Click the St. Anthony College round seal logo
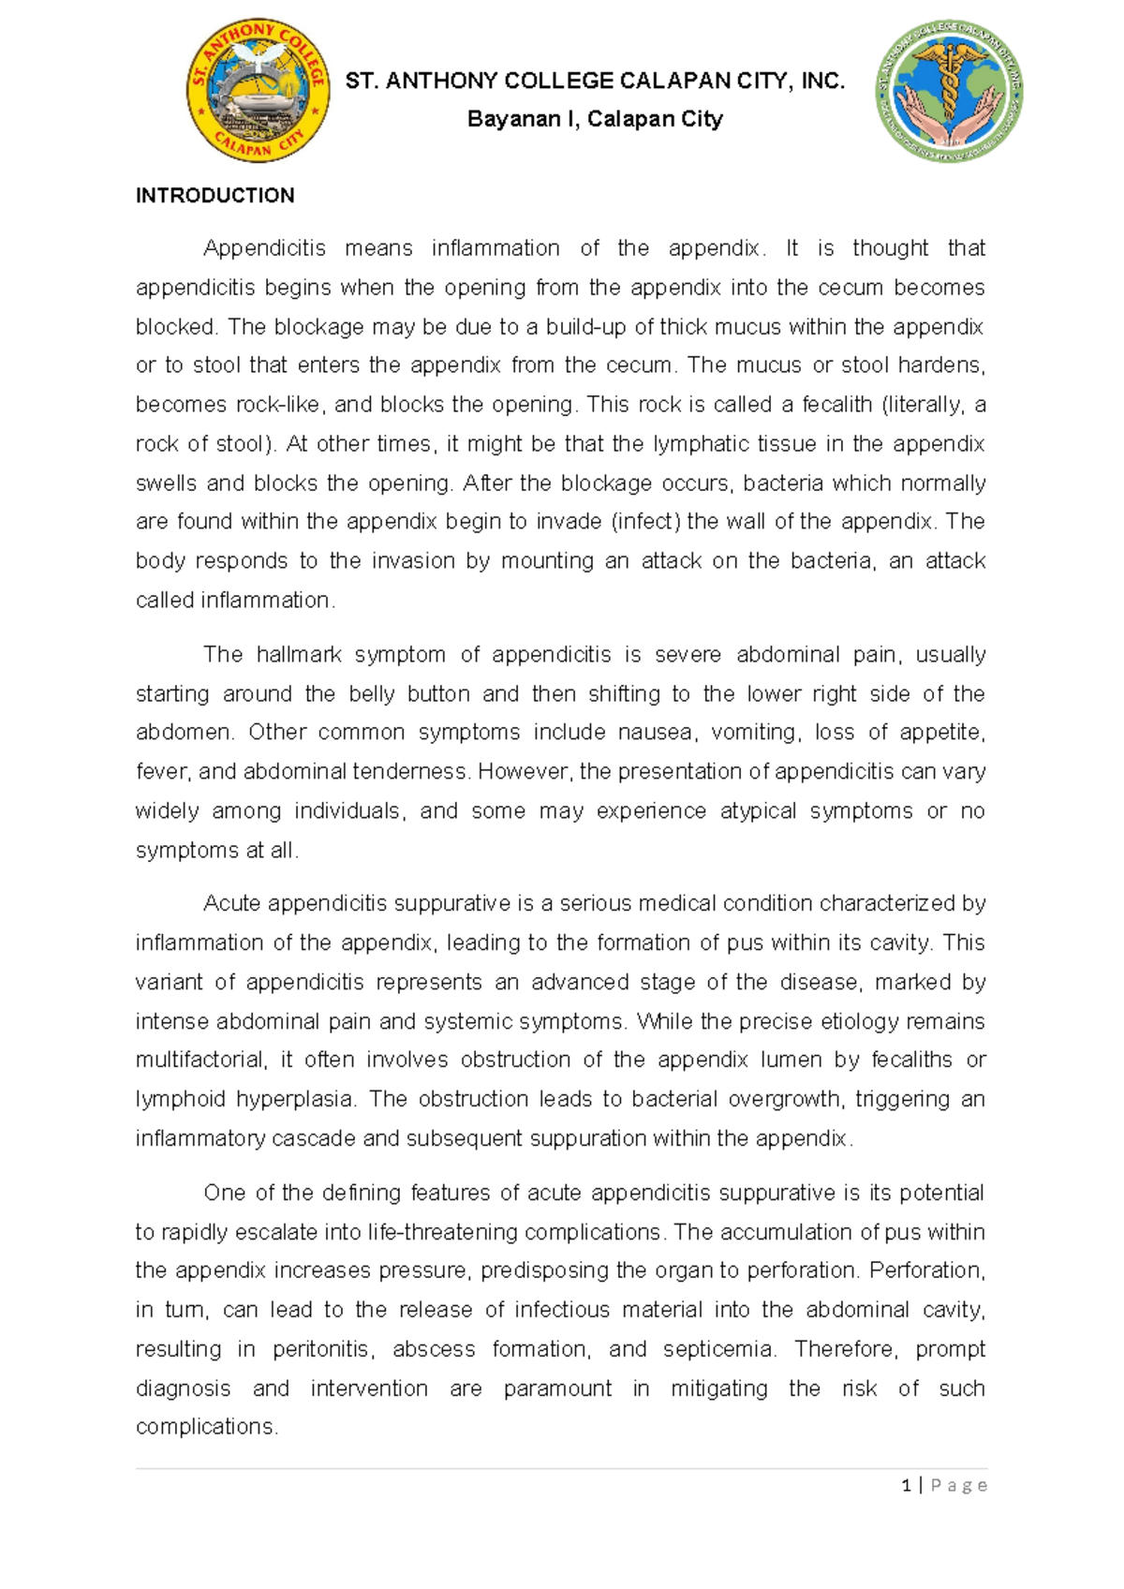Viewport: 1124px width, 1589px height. pyautogui.click(x=258, y=91)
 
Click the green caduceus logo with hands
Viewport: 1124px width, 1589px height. pyautogui.click(x=949, y=91)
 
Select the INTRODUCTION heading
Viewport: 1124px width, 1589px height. pyautogui.click(x=215, y=196)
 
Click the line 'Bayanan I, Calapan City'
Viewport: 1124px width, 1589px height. pyautogui.click(x=595, y=119)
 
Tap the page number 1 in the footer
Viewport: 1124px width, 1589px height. pyautogui.click(x=906, y=1485)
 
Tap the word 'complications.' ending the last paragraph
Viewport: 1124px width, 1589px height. pyautogui.click(x=207, y=1427)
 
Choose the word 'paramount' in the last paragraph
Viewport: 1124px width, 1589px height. pyautogui.click(x=557, y=1389)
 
